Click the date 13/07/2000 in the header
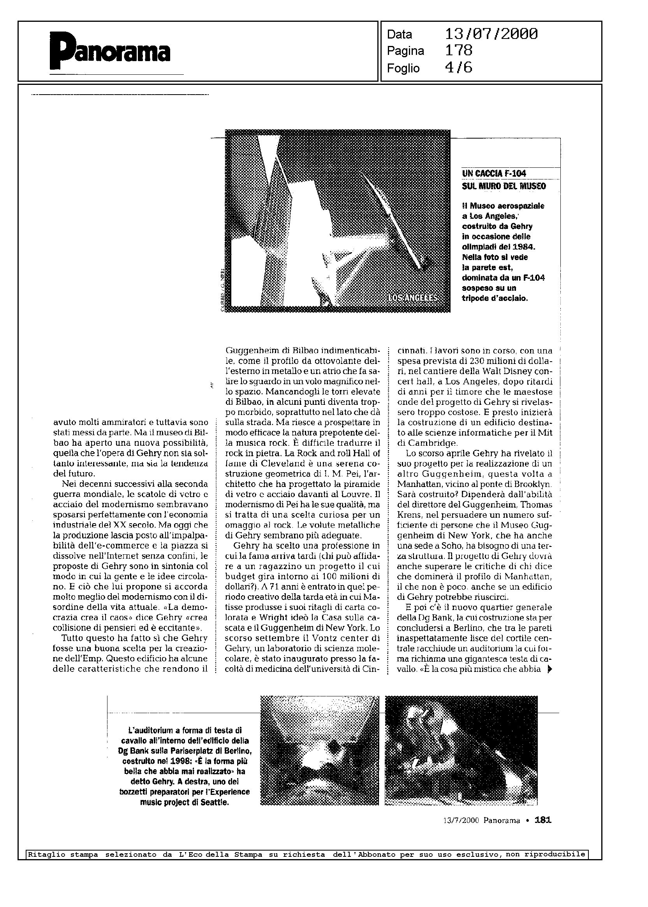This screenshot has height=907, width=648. (491, 34)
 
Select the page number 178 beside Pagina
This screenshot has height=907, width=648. (458, 51)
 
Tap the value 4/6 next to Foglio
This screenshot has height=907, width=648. (458, 67)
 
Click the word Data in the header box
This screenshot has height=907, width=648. (400, 35)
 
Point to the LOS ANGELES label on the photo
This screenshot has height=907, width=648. (412, 298)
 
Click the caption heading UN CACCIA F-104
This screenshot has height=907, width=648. (494, 173)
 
